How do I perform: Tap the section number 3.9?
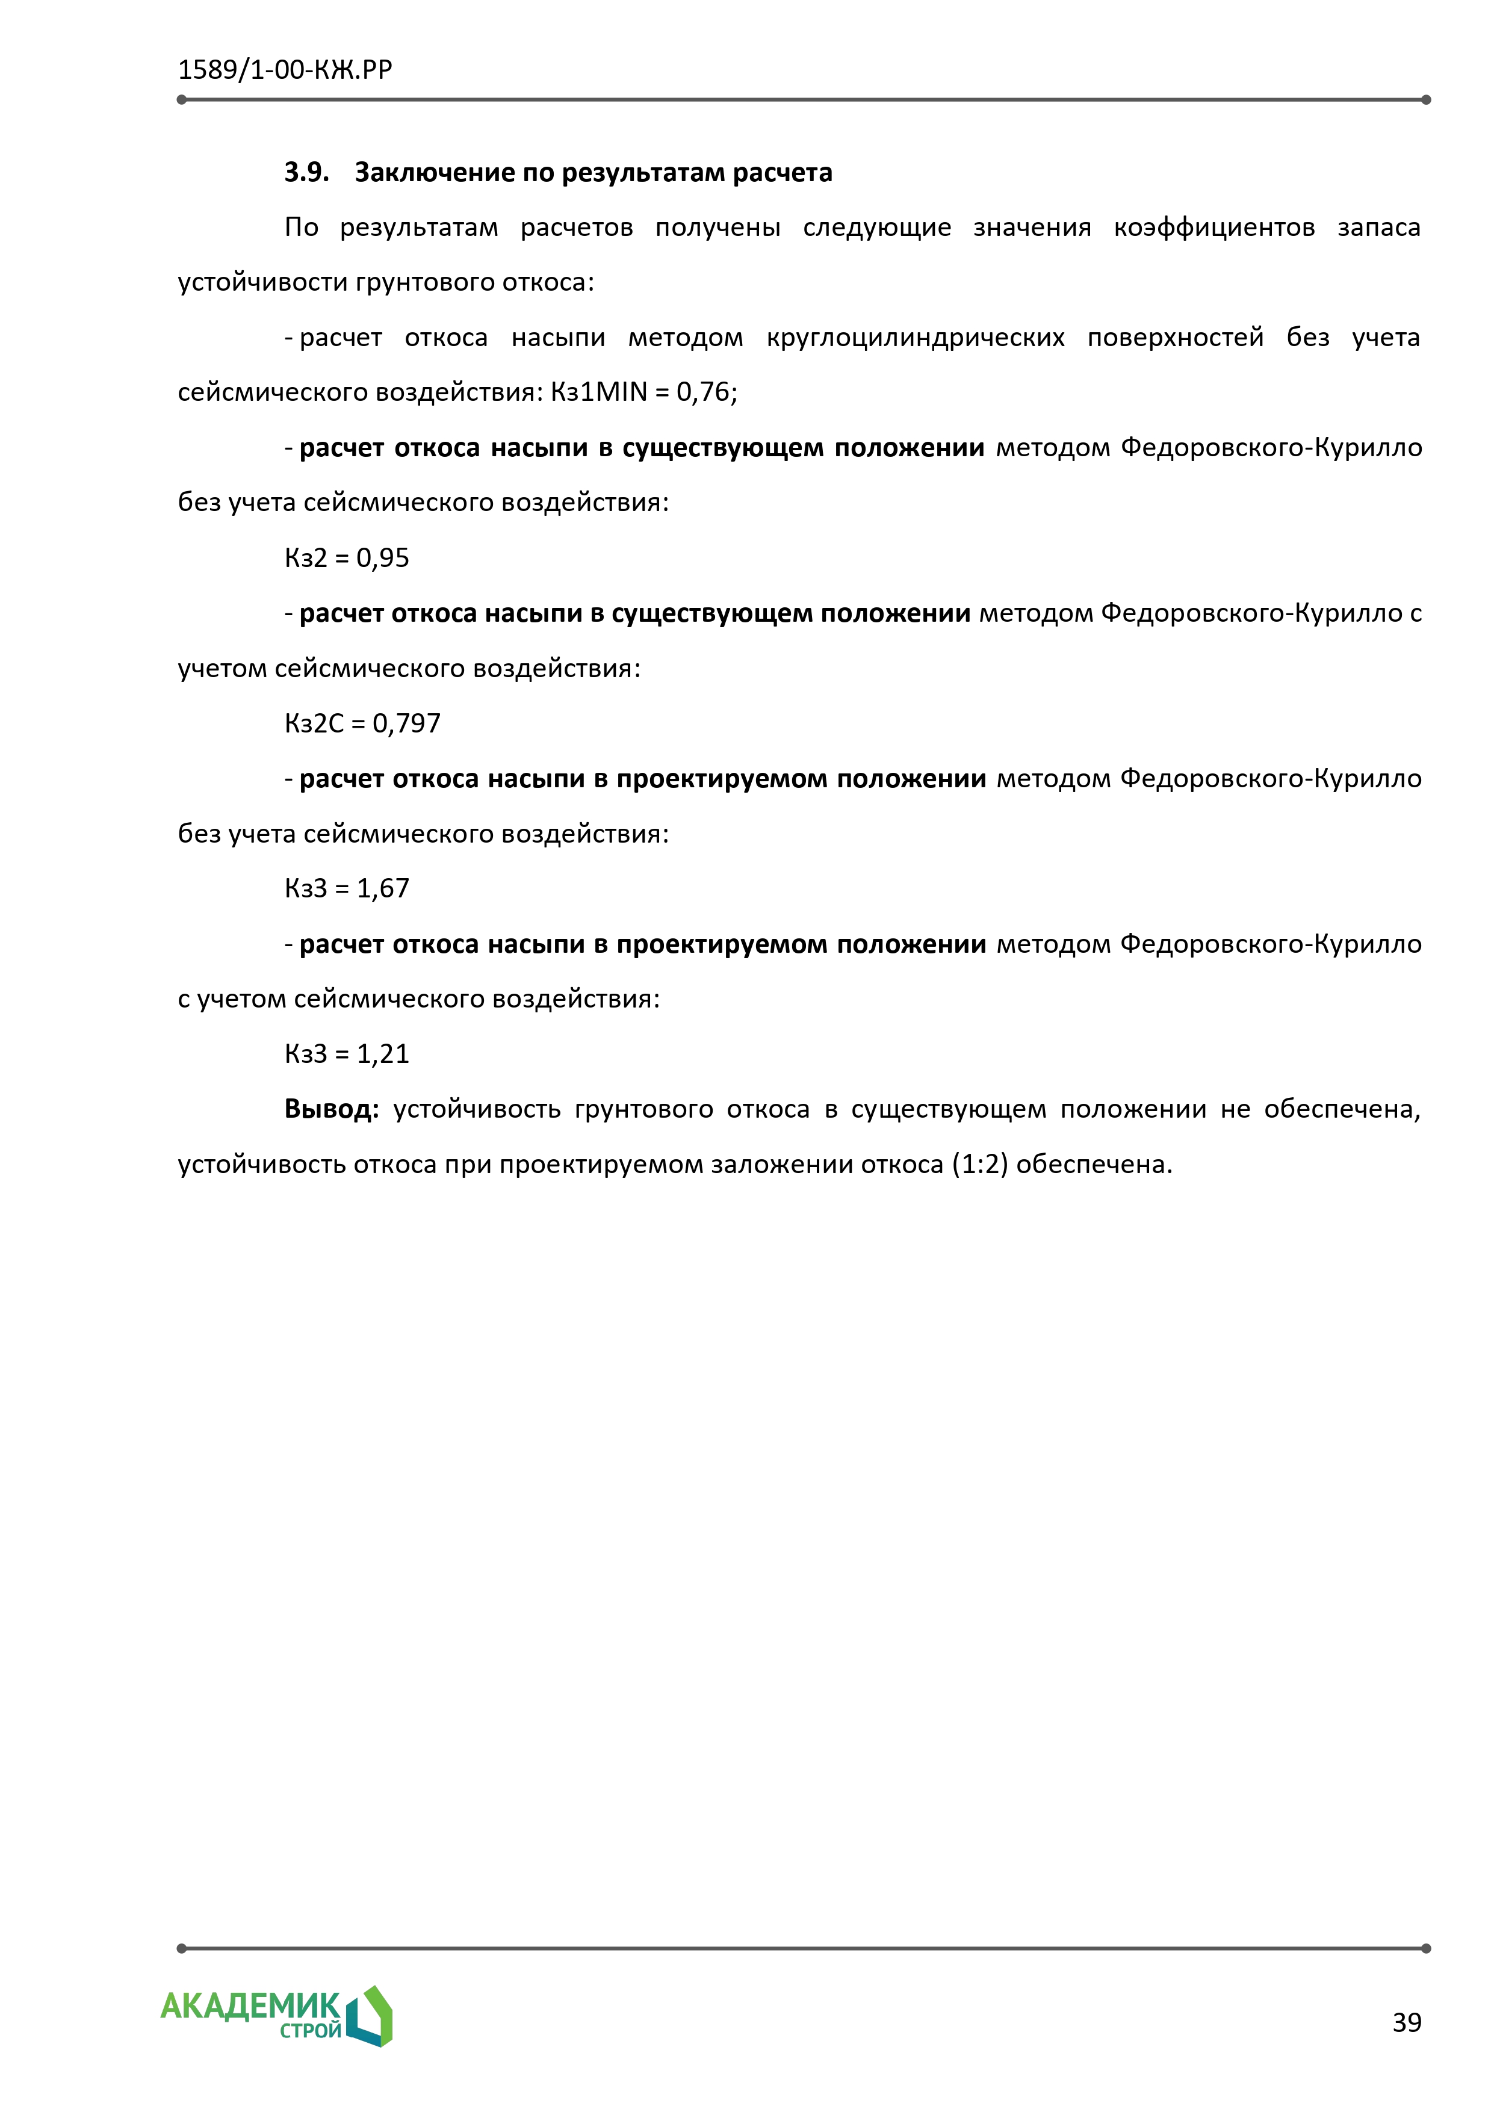306,172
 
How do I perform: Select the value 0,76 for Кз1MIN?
704,393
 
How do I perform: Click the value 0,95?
383,559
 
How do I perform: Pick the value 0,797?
407,724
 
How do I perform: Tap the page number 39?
1407,2023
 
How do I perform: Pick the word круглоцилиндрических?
916,338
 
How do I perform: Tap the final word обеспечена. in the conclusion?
1095,1165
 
